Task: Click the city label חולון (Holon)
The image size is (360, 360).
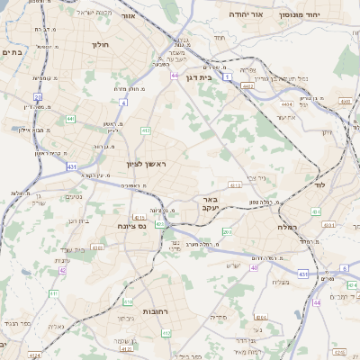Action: (x=100, y=43)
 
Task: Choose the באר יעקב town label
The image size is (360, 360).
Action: (x=209, y=203)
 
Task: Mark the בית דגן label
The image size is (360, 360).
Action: (x=204, y=78)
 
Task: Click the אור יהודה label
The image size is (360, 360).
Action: (x=244, y=15)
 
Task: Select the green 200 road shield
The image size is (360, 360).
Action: (x=227, y=232)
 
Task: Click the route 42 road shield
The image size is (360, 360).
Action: (x=62, y=269)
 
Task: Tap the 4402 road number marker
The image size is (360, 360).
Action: (x=246, y=87)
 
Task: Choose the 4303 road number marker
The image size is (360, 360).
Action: (x=97, y=247)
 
